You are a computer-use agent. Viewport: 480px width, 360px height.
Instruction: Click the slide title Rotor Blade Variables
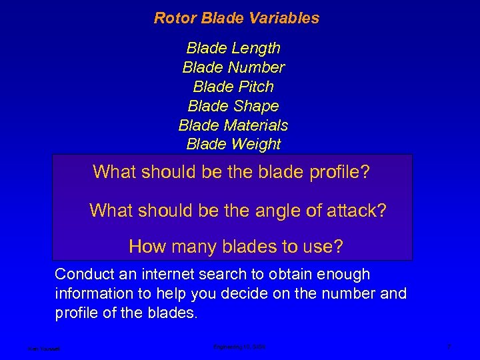click(x=237, y=18)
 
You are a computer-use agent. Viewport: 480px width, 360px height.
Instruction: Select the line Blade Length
click(x=233, y=48)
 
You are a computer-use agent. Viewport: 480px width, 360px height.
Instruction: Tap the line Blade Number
click(x=233, y=67)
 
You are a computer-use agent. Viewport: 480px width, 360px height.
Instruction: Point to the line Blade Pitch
click(x=233, y=87)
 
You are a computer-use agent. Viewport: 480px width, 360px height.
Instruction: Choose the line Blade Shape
click(x=233, y=106)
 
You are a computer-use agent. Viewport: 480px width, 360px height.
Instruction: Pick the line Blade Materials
click(x=233, y=125)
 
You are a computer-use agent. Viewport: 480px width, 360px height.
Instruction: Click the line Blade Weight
click(x=233, y=144)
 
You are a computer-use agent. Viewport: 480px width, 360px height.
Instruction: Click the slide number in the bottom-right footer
click(x=450, y=347)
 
